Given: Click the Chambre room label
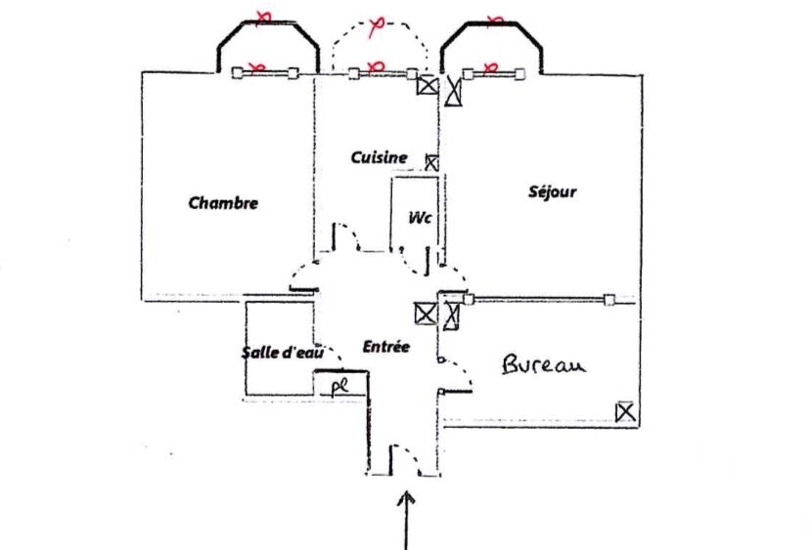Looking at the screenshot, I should click(x=223, y=203).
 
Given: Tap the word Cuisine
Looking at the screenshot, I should click(x=379, y=156).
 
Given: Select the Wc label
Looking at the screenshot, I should click(x=421, y=217).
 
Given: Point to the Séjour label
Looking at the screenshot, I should click(x=552, y=192).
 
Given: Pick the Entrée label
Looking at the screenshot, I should click(x=385, y=347).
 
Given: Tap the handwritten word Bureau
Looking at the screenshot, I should click(x=543, y=365).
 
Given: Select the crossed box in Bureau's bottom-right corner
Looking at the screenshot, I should click(x=625, y=412).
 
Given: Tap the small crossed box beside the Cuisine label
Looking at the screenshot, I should click(x=431, y=162).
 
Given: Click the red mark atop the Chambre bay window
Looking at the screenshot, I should click(x=262, y=16).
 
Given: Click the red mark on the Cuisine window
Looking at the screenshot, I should click(x=374, y=66).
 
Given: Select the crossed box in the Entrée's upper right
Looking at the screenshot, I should click(x=425, y=314).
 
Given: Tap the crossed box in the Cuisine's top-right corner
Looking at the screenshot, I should click(x=427, y=85).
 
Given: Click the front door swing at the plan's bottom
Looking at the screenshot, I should click(x=404, y=460).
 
